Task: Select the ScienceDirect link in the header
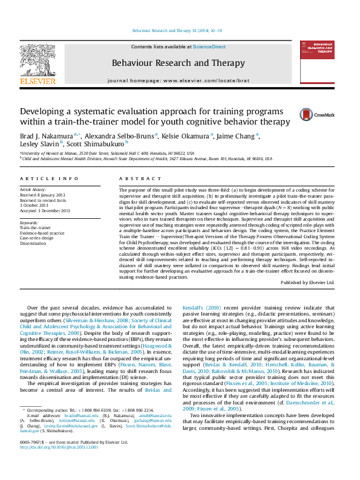(209, 47)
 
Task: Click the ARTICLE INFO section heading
(49, 180)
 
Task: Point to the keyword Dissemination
(34, 243)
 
